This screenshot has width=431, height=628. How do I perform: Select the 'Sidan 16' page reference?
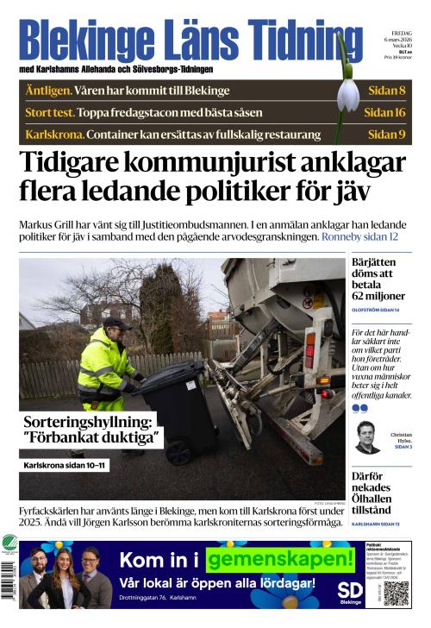[384, 112]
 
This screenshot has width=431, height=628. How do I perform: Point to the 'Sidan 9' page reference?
[386, 134]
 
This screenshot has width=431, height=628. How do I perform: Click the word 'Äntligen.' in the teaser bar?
[47, 91]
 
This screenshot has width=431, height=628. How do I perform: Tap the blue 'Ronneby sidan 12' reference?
[359, 236]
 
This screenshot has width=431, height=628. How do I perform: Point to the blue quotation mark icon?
[359, 408]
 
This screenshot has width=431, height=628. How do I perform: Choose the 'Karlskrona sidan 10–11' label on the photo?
[66, 466]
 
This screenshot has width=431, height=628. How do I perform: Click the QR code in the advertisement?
[396, 593]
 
